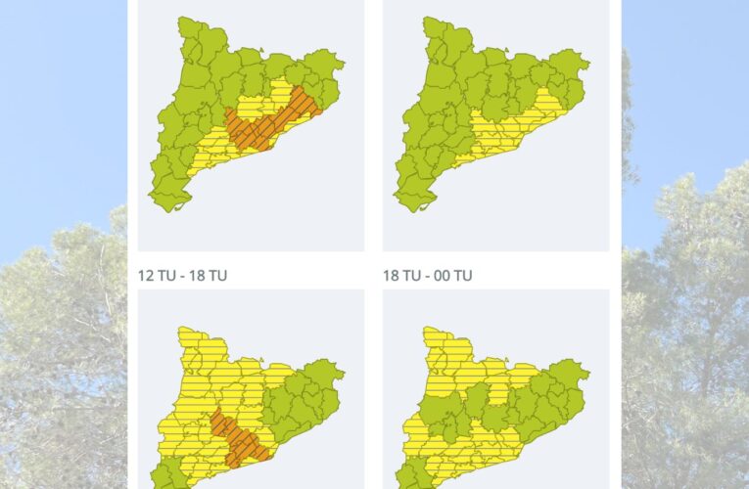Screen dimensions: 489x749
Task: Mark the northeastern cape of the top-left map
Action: pos(342,67)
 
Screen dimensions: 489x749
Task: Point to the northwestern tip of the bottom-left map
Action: pos(180,330)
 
